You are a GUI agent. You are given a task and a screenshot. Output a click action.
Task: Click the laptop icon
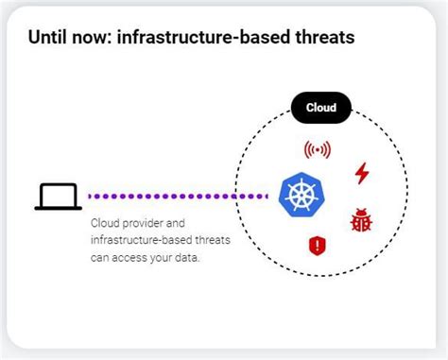pos(58,196)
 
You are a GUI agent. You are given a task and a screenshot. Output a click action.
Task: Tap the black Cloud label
pos(320,108)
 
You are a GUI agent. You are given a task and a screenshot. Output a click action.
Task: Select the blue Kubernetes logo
pos(302,195)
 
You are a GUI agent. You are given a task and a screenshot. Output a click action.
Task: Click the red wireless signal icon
pos(318,149)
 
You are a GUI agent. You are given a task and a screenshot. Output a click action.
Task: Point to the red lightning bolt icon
pos(361,173)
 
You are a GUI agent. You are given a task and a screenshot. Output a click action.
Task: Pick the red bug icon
pos(360,221)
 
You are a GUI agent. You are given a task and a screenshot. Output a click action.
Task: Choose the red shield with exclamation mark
pos(318,247)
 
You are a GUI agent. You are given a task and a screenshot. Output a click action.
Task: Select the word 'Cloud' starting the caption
pos(104,223)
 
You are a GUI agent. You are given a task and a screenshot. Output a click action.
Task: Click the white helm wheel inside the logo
pos(302,195)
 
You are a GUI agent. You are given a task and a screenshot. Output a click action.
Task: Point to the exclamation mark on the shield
pos(318,247)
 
